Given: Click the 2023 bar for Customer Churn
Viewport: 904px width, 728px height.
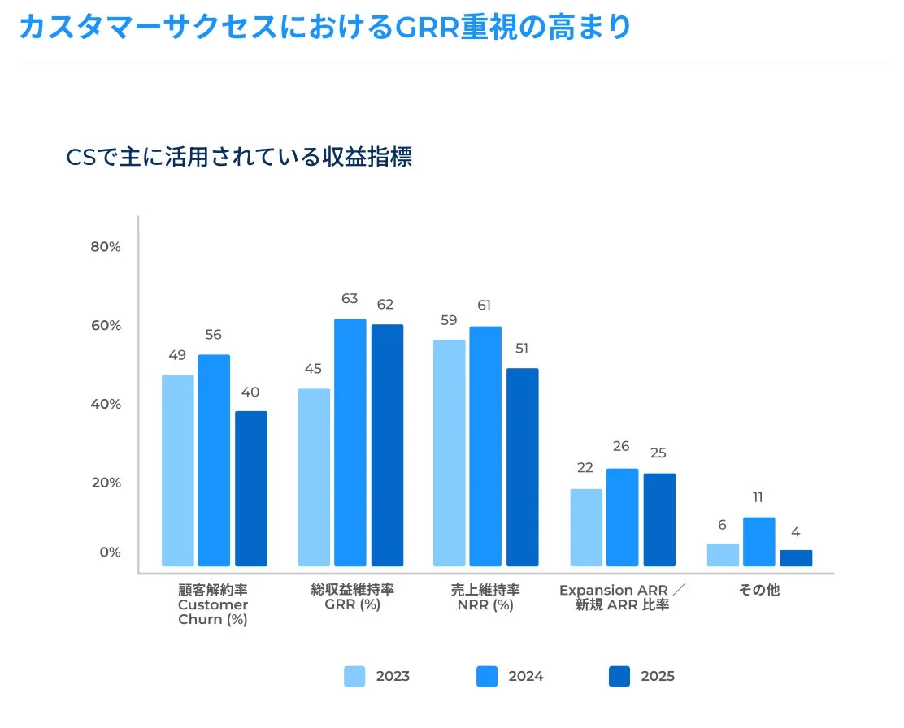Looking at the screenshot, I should click(x=177, y=470).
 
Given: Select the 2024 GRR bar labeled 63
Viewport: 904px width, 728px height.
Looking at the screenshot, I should click(x=350, y=442).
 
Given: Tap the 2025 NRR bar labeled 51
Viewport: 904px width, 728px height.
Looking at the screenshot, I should click(x=522, y=467).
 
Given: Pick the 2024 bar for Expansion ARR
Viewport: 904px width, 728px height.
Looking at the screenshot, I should click(x=622, y=517).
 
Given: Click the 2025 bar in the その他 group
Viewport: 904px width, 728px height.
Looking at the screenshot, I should click(x=796, y=558).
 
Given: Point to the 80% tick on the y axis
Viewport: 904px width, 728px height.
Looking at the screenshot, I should click(x=106, y=247).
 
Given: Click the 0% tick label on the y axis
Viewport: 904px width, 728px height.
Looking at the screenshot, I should click(x=110, y=552).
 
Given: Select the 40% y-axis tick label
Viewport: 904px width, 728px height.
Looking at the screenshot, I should click(x=106, y=404).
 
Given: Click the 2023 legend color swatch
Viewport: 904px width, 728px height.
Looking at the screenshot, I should click(x=354, y=676).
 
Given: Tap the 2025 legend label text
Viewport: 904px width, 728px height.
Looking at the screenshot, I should click(x=658, y=676).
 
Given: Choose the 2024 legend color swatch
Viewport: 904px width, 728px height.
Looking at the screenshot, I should click(x=486, y=676).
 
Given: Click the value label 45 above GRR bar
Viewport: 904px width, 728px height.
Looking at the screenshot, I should click(x=314, y=369).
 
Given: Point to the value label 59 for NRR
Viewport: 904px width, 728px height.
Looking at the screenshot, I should click(x=449, y=320).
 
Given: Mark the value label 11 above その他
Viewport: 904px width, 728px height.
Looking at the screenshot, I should click(x=758, y=497).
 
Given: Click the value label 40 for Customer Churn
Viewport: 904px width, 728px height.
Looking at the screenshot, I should click(x=250, y=392).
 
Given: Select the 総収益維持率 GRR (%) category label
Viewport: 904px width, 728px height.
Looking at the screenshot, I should click(x=352, y=597).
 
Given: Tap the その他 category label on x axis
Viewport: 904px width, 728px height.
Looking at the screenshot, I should click(x=759, y=590).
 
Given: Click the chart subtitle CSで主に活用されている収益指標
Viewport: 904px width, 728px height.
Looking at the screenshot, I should click(x=239, y=157).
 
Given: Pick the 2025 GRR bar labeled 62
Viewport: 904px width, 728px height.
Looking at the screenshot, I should click(x=387, y=445).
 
